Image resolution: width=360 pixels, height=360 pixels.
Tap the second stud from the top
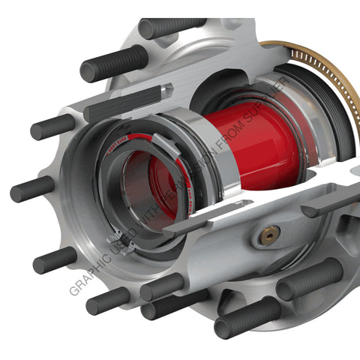113,64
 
